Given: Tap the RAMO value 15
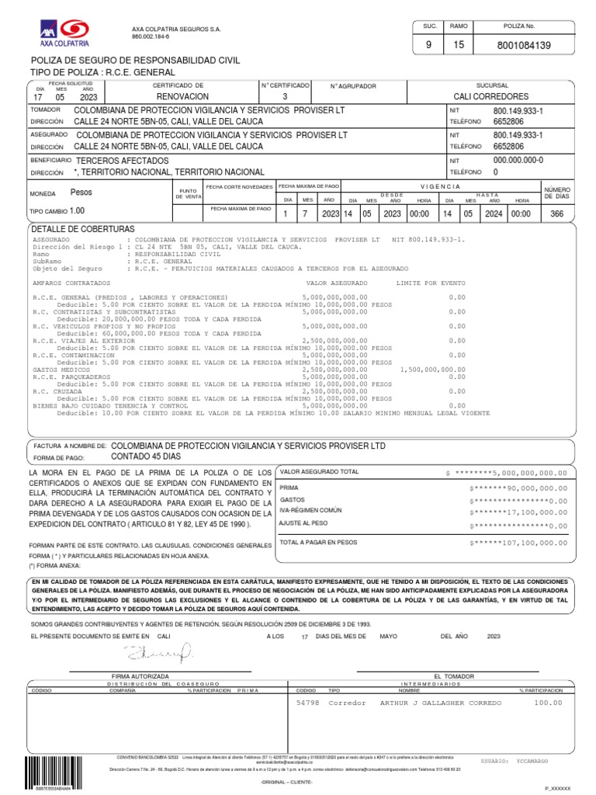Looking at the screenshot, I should click(x=459, y=46).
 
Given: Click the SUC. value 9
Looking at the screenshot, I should click(x=427, y=46).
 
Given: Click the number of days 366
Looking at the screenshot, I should click(x=556, y=214).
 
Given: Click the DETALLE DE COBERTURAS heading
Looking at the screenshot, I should click(x=83, y=230).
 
